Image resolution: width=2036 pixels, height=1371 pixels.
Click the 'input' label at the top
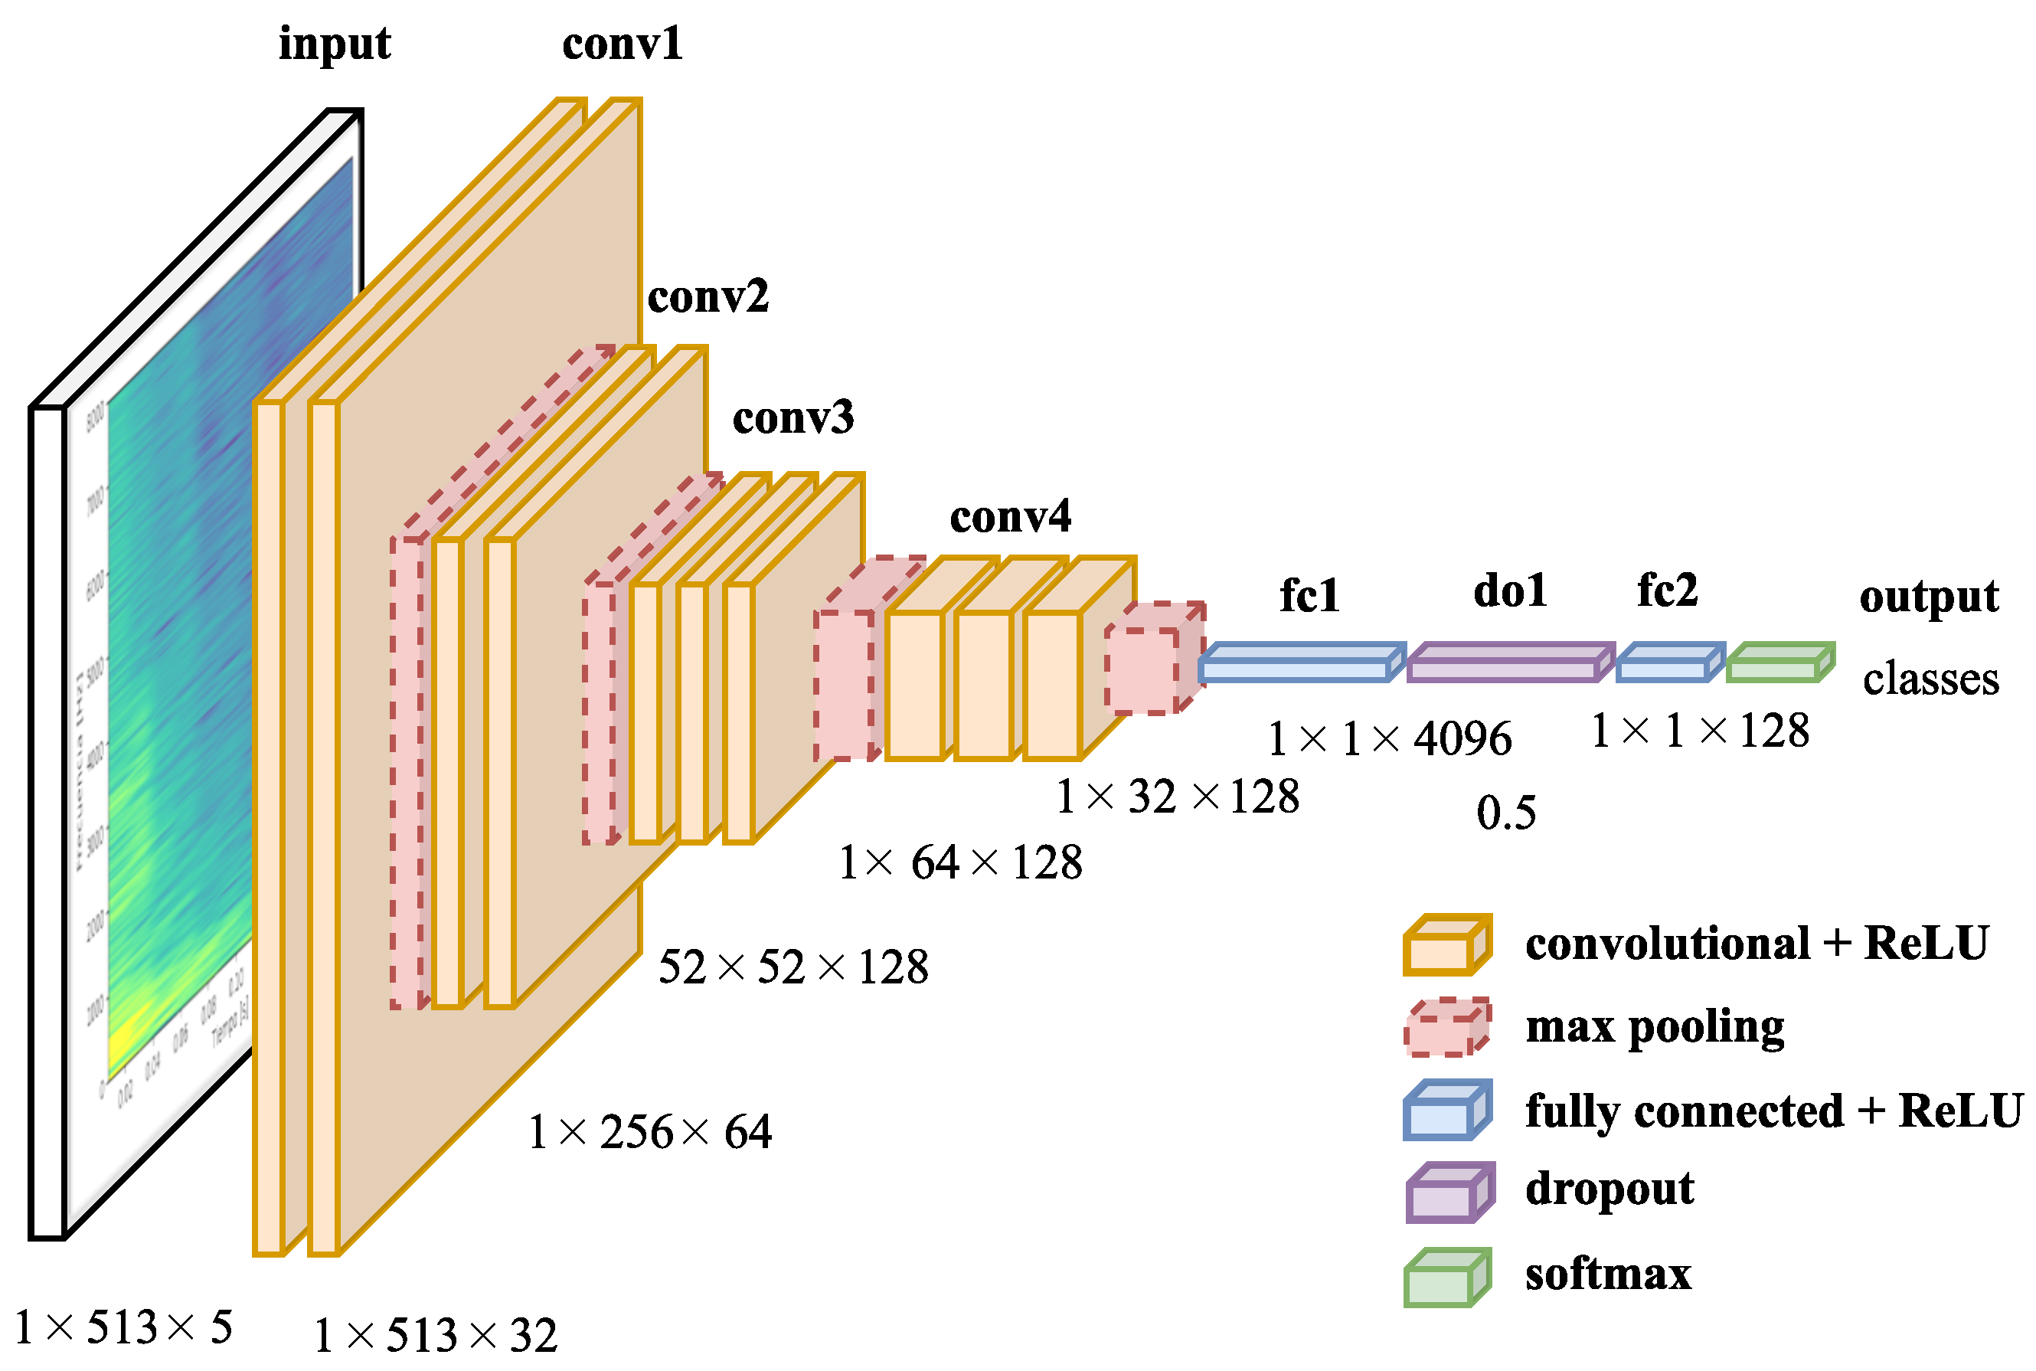tap(334, 44)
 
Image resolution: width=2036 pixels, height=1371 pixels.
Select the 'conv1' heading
tap(622, 43)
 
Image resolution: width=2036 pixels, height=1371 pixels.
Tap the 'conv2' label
tap(708, 296)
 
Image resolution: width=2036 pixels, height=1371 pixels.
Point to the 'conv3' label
tap(793, 417)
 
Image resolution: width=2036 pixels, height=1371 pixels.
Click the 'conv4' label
tap(1011, 517)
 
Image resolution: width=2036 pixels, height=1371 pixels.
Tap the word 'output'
tap(1929, 598)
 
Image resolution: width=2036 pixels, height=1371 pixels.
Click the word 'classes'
tap(1930, 679)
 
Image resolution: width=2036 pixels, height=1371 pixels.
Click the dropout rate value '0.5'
tap(1505, 813)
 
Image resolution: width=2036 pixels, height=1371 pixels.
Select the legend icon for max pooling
tap(1446, 1028)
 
